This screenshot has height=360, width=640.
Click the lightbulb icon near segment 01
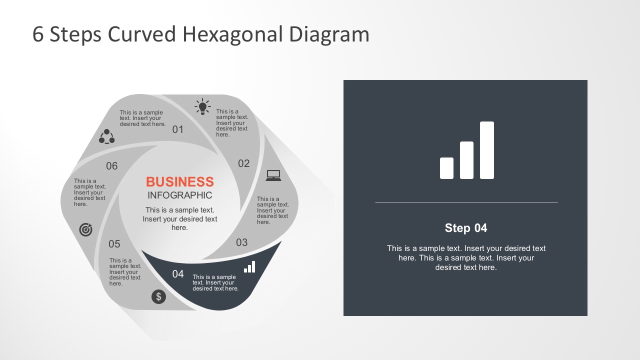coord(202,106)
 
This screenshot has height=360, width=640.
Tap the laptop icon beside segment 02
coord(273,175)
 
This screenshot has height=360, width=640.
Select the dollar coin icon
coord(158,296)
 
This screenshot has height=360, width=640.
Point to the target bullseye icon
coord(86,229)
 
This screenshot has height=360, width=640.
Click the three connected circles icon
coord(106,136)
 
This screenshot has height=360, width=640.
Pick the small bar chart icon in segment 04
coord(249,267)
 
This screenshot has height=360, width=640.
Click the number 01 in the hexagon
coord(178,129)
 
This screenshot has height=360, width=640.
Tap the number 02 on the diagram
coord(243,163)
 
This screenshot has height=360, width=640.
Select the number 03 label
coord(241,242)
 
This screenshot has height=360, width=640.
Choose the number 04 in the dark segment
coord(178,274)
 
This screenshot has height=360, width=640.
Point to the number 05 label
coord(114,244)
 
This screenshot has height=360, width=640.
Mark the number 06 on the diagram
coord(112,166)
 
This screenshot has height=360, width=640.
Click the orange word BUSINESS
coord(179,181)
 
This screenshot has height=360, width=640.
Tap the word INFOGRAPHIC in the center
coord(179,195)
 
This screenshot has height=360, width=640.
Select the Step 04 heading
coord(465,228)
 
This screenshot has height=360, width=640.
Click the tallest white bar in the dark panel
coord(486,150)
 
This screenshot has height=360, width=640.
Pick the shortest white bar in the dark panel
coord(446,168)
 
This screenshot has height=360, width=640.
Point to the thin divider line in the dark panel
coord(466,202)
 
